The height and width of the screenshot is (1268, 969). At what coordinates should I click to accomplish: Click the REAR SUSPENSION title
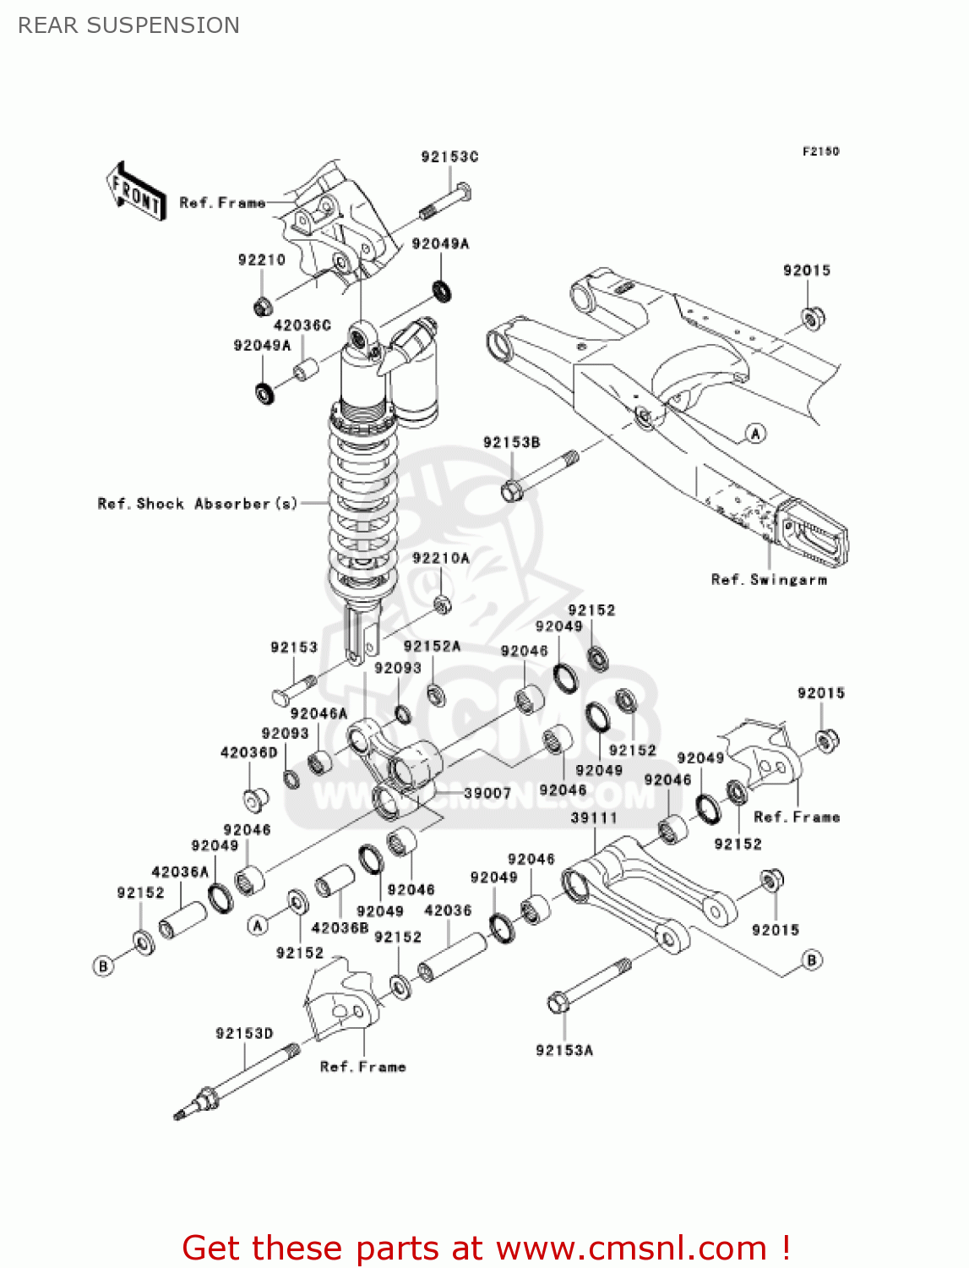pos(128,25)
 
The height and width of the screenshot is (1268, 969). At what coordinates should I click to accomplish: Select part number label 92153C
pos(449,156)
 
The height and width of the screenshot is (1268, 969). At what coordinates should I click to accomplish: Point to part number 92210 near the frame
pos(261,260)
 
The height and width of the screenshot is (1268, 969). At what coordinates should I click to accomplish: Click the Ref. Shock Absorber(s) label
pos(198,504)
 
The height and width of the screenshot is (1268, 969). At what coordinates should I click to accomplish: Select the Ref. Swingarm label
pos(769,580)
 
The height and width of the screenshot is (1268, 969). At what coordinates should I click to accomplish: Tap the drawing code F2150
pos(820,151)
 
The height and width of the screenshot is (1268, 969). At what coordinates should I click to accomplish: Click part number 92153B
pos(511,442)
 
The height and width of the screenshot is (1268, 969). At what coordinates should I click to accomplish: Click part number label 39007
pos(487,793)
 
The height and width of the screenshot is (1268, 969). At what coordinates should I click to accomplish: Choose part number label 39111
pos(594,817)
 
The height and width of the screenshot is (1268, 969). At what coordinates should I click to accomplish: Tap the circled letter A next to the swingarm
pos(755,434)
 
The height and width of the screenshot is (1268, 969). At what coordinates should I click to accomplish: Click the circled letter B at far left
pos(103,965)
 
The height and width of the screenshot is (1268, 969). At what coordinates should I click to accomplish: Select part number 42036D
pos(248,752)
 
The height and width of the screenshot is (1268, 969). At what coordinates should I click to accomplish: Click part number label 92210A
pos(440,558)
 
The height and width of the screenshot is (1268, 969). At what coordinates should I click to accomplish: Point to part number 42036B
pos(340,927)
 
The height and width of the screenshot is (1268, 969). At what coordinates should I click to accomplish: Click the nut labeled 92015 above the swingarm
pos(812,319)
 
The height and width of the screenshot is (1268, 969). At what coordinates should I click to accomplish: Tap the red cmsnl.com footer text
pos(486,1248)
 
